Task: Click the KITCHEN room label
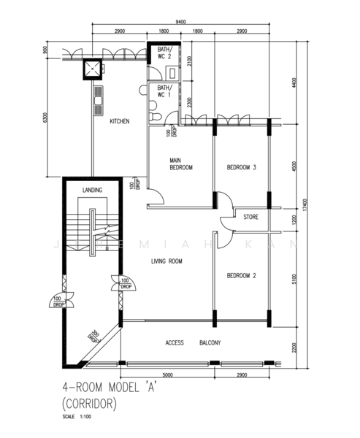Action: pyautogui.click(x=120, y=121)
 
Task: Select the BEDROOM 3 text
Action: pyautogui.click(x=241, y=167)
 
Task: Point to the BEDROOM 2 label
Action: pyautogui.click(x=241, y=275)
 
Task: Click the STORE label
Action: pyautogui.click(x=250, y=217)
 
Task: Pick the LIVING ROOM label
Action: pyautogui.click(x=166, y=261)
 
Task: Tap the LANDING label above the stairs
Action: pyautogui.click(x=93, y=190)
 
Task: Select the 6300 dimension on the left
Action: pyautogui.click(x=45, y=119)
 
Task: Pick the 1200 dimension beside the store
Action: pyautogui.click(x=295, y=218)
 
